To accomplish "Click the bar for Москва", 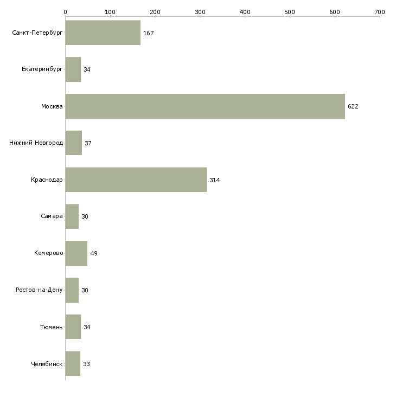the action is coord(205,106).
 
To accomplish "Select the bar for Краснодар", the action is coord(136,180).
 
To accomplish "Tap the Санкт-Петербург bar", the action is coord(103,33).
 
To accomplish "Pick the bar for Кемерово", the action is coord(76,253).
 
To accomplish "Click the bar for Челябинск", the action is coord(73,363).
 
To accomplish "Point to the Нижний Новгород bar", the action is coord(73,143).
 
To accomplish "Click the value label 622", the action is coord(353,106).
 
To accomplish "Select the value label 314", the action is coord(215,180).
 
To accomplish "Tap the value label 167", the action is coord(149,33).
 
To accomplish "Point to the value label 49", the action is coord(94,253).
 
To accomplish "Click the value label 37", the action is coord(88,143).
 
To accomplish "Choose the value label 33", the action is coord(87,364).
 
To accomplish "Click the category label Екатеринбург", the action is coord(42,69).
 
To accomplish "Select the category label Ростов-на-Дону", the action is coord(39,290).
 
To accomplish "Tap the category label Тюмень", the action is coord(52,327).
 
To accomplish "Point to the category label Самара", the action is coord(52,216).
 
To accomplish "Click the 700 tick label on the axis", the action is coord(380,12).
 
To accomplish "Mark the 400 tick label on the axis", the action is coord(245,12).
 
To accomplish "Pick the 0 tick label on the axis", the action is coord(66,12).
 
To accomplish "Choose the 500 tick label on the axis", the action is coord(290,12).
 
